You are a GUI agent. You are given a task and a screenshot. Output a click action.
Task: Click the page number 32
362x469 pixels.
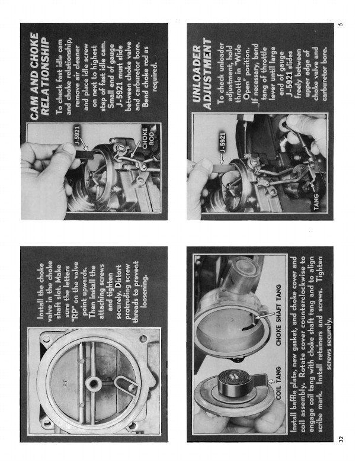tap(341, 439)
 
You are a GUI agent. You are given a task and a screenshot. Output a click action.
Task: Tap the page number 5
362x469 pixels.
tap(341, 24)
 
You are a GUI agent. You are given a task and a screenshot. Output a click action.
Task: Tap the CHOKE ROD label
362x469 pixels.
tap(148, 136)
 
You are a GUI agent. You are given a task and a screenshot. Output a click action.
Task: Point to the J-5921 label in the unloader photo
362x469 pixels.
tap(222, 142)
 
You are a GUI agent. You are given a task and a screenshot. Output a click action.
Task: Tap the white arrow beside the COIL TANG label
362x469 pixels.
tap(272, 381)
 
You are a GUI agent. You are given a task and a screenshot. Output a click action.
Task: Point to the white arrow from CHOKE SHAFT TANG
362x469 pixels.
tap(265, 316)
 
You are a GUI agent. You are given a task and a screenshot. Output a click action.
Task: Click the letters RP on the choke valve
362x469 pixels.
tap(65, 383)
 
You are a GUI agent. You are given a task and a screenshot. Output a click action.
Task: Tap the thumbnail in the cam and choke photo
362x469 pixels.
tap(68, 149)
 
